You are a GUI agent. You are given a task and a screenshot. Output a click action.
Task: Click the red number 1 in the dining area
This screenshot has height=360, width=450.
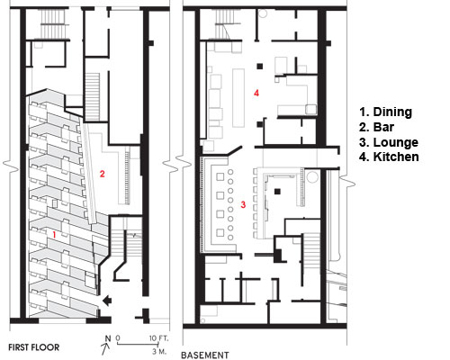pos(54,235)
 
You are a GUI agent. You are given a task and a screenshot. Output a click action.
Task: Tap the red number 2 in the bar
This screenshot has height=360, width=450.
pos(103,174)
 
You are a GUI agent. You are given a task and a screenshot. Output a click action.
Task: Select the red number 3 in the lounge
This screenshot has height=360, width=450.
pos(243,204)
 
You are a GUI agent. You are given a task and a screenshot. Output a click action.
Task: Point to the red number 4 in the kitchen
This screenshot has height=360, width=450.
pos(256,93)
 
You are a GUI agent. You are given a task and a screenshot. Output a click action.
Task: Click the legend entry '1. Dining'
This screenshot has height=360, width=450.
pos(385,112)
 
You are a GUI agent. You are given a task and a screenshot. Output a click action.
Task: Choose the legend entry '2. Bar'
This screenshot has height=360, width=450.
pos(376,127)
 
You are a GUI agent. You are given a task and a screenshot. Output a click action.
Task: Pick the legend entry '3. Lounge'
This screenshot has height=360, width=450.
pos(389,142)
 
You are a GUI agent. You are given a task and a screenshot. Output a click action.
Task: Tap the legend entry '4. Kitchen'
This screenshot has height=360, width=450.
pos(389,157)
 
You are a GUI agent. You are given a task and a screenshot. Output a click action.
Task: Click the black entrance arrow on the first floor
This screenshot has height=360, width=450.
pos(106,301)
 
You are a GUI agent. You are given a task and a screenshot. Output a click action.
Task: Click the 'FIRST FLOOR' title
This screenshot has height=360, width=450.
pos(34,347)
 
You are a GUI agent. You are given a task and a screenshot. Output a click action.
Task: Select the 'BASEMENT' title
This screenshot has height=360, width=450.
pos(205,355)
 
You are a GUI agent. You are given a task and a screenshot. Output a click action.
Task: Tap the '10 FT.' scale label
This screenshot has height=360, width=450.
pos(159,338)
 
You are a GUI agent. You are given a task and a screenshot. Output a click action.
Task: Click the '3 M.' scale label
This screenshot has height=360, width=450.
pos(158,351)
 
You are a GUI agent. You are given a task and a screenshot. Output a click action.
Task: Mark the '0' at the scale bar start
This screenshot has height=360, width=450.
pos(118,338)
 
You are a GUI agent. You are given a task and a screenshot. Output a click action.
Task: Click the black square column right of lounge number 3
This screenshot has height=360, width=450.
pos(277,191)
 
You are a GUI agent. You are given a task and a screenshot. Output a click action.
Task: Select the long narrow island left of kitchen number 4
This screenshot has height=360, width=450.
pos(238,98)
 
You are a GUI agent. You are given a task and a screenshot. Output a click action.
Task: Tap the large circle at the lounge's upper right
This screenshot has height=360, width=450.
pos(312,176)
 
